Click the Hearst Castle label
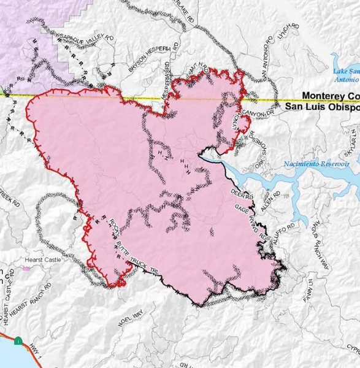pyautogui.click(x=40, y=259)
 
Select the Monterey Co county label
pyautogui.click(x=330, y=96)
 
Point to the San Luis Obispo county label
pyautogui.click(x=323, y=107)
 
